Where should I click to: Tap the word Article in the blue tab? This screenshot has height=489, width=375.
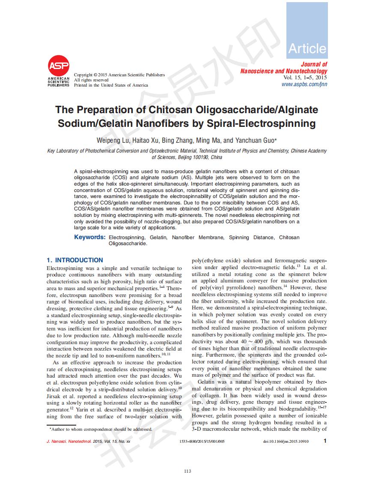pyautogui.click(x=307, y=49)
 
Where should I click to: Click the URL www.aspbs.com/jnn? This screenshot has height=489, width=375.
pyautogui.click(x=304, y=84)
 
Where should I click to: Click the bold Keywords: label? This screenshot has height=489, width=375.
pyautogui.click(x=89, y=237)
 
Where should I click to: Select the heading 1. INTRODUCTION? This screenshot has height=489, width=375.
pyautogui.click(x=75, y=260)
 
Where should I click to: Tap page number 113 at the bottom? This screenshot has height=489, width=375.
pyautogui.click(x=187, y=471)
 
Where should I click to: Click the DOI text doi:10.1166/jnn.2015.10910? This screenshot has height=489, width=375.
pyautogui.click(x=285, y=441)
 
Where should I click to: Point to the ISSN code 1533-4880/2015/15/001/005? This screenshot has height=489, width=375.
pyautogui.click(x=202, y=441)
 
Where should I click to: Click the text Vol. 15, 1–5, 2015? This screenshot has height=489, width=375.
pyautogui.click(x=305, y=78)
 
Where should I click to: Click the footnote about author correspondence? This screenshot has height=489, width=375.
pyautogui.click(x=101, y=429)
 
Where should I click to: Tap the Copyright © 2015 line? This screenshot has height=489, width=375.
pyautogui.click(x=119, y=75)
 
